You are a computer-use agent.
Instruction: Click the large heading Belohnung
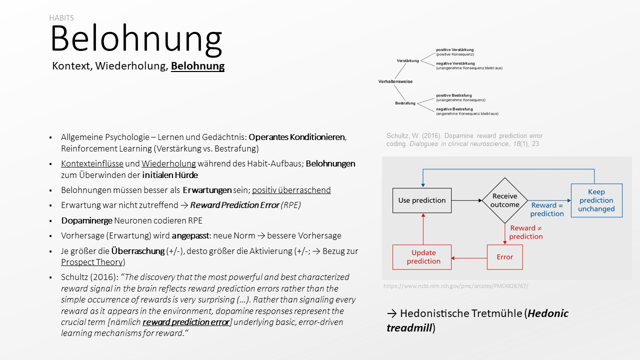[x=136, y=39]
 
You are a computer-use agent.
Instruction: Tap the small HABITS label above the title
[x=61, y=18]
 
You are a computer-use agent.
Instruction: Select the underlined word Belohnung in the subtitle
[x=197, y=66]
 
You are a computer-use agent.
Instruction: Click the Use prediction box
[x=422, y=200]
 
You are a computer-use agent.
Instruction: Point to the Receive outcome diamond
[x=504, y=200]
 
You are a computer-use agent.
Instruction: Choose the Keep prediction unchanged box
[x=596, y=200]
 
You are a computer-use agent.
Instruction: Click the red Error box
[x=504, y=257]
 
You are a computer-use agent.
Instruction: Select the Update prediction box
[x=423, y=257]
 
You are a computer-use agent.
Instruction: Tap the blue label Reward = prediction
[x=547, y=209]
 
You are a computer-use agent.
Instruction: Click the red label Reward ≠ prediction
[x=526, y=232]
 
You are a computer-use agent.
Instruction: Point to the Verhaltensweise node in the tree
[x=395, y=81]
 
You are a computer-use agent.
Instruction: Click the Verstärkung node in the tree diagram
[x=408, y=60]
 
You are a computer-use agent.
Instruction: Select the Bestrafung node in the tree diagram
[x=405, y=103]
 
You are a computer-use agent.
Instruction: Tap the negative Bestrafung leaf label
[x=454, y=109]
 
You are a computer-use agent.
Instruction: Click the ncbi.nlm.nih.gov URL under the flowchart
[x=455, y=286]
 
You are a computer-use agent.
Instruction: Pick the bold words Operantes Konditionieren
[x=297, y=137]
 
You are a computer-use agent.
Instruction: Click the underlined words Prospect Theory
[x=91, y=262]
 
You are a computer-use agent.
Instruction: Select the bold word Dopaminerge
[x=86, y=220]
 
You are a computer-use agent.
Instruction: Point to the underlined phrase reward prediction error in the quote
[x=186, y=322]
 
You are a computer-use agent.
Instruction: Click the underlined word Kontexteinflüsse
[x=92, y=163]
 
